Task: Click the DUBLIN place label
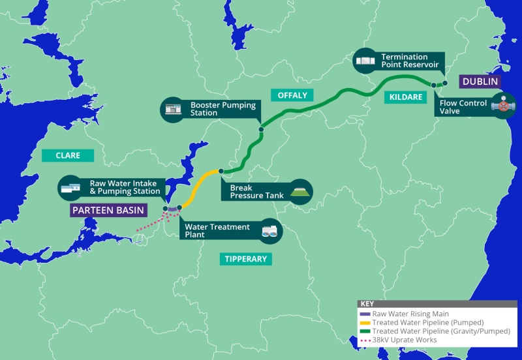tap(480, 82)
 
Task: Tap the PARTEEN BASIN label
tap(108, 210)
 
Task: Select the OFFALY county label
tap(292, 95)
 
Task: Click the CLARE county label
tap(68, 155)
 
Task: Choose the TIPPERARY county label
tap(246, 259)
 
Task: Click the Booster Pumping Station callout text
tap(223, 108)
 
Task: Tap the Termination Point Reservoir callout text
tap(405, 61)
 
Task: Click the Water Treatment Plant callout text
tap(217, 230)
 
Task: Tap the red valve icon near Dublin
tap(503, 106)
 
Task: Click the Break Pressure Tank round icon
tap(300, 191)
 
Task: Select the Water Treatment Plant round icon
tap(269, 230)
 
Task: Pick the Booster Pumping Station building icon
tap(173, 109)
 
